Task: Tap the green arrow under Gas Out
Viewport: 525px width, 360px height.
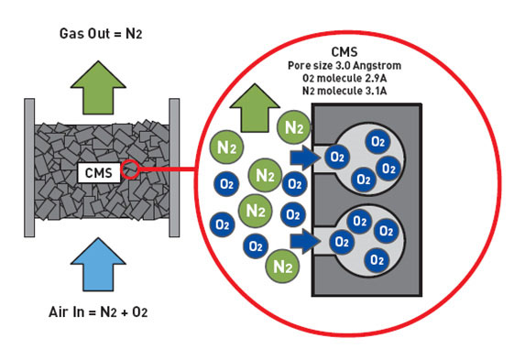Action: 98,87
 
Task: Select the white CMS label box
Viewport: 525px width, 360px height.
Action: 99,173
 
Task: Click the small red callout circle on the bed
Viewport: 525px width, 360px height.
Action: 130,169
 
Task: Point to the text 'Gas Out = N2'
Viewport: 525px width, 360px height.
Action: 101,34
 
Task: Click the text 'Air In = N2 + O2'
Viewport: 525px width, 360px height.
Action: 98,312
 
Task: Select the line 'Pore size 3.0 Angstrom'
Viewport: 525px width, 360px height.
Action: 345,65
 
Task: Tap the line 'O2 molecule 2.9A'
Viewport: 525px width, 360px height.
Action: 345,78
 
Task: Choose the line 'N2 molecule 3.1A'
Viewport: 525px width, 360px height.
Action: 345,91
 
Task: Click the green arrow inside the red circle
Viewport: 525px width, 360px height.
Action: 255,107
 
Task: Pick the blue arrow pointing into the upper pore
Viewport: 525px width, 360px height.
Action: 304,158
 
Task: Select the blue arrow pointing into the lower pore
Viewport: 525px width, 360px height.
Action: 304,242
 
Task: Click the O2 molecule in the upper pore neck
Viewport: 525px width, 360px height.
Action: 337,157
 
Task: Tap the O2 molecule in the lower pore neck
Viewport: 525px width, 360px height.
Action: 342,242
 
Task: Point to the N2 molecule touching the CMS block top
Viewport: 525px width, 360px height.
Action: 294,127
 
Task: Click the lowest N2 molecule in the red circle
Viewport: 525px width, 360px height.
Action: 282,267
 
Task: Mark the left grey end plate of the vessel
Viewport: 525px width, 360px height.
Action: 29,168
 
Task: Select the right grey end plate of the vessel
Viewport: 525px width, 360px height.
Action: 174,168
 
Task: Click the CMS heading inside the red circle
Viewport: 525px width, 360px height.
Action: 345,52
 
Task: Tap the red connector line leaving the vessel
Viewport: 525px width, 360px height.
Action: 167,169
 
